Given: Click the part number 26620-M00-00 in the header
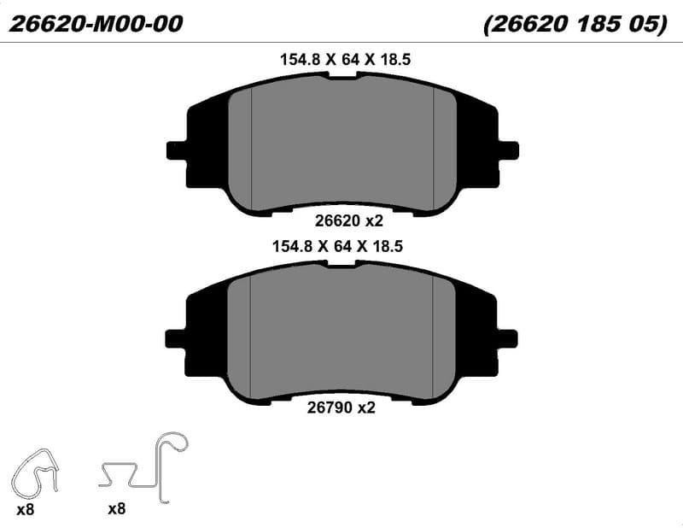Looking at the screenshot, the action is pos(96,24).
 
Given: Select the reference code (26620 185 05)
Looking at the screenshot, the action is pos(575,24).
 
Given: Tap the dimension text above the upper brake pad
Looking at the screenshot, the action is pos(345,59).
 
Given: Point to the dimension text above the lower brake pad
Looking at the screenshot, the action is pos(337,246).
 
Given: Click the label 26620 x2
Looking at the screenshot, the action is pos(349,221).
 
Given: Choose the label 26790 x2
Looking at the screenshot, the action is pos(341,408).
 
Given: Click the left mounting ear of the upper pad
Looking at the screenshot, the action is pos(177,150).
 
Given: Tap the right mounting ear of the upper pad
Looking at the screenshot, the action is pos(508,150).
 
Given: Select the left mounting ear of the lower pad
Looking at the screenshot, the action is pos(176,339).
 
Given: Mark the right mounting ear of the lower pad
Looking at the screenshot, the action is pos(507,339).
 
